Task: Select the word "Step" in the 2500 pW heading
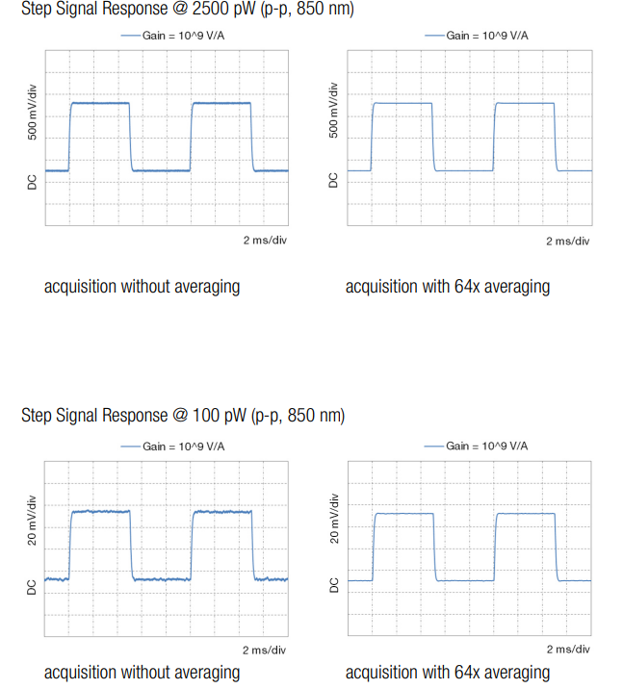pos(38,11)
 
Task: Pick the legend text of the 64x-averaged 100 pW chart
pos(487,446)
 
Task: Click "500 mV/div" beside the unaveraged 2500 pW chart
pos(32,112)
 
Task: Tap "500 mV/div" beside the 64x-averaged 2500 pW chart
pos(335,112)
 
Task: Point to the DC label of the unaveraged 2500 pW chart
pos(32,180)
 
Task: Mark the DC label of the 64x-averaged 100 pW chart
pos(335,585)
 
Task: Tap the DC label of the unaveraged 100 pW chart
pos(32,585)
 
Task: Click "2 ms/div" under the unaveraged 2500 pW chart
pos(265,240)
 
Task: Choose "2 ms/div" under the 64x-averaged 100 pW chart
pos(568,651)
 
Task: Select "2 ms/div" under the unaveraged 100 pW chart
pos(265,651)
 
